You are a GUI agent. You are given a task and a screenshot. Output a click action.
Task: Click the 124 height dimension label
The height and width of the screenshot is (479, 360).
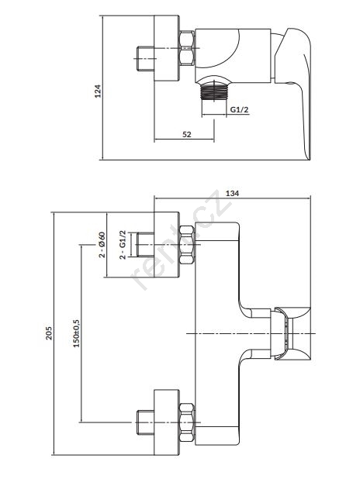pyautogui.click(x=98, y=91)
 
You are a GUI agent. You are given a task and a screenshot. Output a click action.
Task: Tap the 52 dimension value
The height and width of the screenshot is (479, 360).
pyautogui.click(x=186, y=134)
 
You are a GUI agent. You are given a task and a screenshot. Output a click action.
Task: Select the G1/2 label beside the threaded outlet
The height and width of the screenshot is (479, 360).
pyautogui.click(x=239, y=109)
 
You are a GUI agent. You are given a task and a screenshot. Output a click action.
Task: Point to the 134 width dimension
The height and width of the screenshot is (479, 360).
pyautogui.click(x=233, y=193)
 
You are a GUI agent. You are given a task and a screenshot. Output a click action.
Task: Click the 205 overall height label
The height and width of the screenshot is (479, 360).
pyautogui.click(x=49, y=333)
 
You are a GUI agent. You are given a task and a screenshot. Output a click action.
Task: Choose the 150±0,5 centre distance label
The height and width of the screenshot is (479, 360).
pyautogui.click(x=76, y=333)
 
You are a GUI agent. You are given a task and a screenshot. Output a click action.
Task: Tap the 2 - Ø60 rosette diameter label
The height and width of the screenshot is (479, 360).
pyautogui.click(x=102, y=245)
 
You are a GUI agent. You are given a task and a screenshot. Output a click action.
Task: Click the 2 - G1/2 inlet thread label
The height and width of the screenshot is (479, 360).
pyautogui.click(x=123, y=245)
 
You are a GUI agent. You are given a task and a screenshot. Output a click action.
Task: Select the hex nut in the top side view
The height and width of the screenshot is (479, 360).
pyautogui.click(x=187, y=48)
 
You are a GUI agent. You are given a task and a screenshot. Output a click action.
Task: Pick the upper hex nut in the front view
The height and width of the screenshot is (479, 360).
pyautogui.click(x=187, y=245)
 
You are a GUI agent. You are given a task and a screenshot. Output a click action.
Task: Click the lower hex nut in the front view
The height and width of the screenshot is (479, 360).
pyautogui.click(x=187, y=422)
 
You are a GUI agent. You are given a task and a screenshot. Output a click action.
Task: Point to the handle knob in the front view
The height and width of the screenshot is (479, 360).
pyautogui.click(x=292, y=333)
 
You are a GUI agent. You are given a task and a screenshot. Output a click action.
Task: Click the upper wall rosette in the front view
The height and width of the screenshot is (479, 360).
pyautogui.click(x=166, y=245)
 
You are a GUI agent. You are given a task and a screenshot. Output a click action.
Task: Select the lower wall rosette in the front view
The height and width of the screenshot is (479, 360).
pyautogui.click(x=166, y=422)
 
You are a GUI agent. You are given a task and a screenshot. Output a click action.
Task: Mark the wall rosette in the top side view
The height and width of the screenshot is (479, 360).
pyautogui.click(x=166, y=48)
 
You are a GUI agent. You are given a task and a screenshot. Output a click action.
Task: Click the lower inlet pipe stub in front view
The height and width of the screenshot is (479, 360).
pyautogui.click(x=145, y=422)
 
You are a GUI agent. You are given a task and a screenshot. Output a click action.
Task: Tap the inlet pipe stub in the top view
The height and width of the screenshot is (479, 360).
pyautogui.click(x=145, y=59)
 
